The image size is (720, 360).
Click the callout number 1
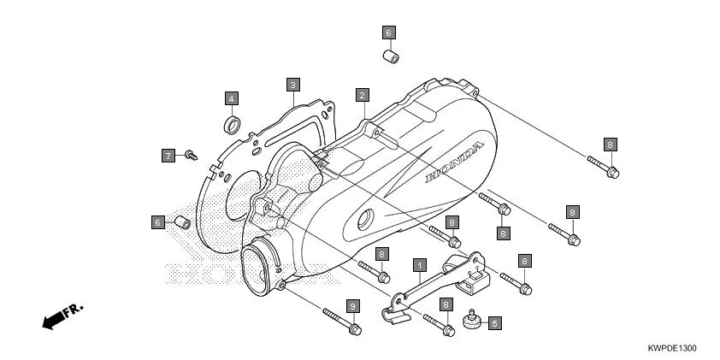(x=420, y=265)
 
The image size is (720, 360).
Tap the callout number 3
(x=292, y=85)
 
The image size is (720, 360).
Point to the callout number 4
(x=232, y=97)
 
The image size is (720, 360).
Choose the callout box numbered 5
(x=495, y=323)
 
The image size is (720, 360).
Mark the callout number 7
(x=168, y=155)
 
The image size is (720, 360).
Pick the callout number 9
(x=350, y=306)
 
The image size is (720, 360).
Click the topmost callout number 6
(x=388, y=33)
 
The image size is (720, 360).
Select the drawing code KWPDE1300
(x=672, y=349)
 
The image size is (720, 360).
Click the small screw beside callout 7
(x=191, y=156)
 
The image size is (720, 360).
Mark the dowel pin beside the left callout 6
(x=180, y=222)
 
